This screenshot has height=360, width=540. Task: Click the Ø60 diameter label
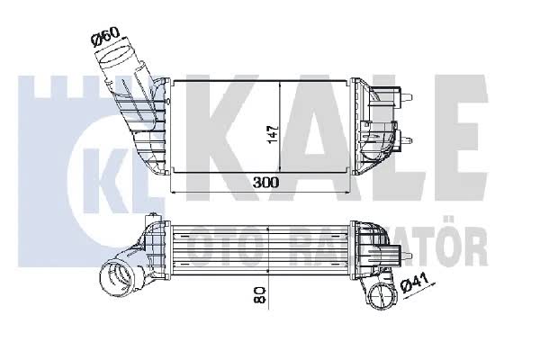tap(105, 37)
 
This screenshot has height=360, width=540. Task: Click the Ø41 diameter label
tap(415, 283)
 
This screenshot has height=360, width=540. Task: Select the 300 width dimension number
tap(265, 182)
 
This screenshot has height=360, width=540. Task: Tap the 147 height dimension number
tap(273, 134)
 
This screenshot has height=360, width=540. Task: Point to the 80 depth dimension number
tap(260, 294)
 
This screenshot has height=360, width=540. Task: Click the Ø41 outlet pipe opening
tap(383, 294)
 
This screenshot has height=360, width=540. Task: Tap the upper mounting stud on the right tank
tap(407, 97)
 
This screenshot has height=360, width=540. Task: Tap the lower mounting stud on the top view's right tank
tap(407, 140)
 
